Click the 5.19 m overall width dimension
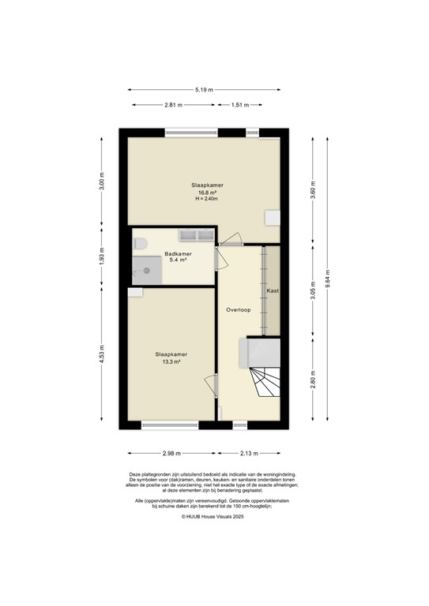(205, 91)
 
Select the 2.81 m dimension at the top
(173, 105)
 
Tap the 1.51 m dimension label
(241, 105)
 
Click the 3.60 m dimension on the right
(314, 190)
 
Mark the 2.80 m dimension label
(314, 381)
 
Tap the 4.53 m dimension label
(100, 358)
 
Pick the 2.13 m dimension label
(249, 454)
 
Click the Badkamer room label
(178, 254)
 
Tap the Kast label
(273, 291)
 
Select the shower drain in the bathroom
(146, 270)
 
